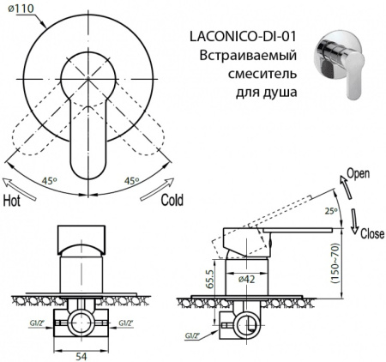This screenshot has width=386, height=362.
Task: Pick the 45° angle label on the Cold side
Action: point(131,181)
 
